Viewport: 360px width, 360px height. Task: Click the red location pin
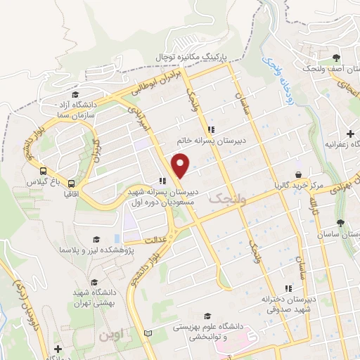(181, 166)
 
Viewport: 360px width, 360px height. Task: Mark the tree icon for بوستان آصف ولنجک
(336, 57)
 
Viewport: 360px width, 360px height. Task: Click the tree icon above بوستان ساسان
(341, 223)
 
